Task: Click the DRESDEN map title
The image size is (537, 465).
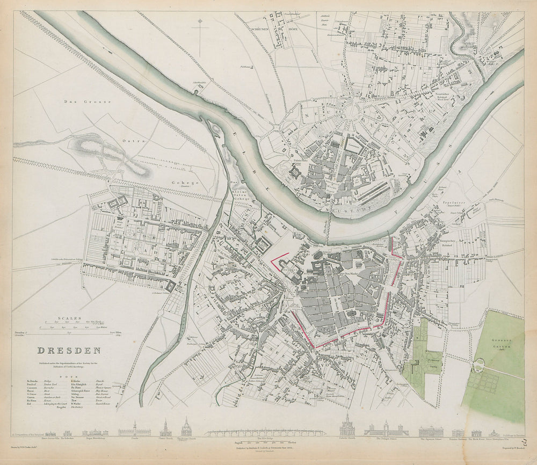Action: coord(69,351)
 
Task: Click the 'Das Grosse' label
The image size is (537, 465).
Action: coord(86,101)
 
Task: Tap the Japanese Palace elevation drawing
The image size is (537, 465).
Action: coord(431,431)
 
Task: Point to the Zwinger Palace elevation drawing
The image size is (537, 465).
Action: coord(386,430)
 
